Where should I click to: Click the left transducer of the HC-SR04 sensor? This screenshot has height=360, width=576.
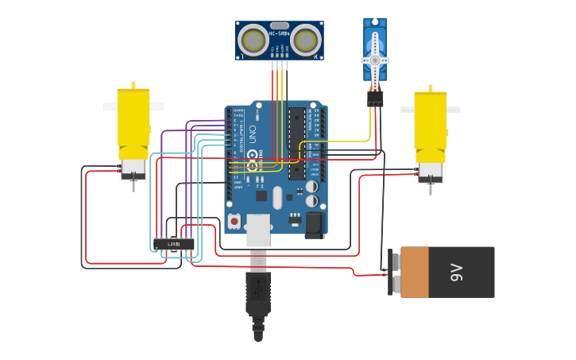coord(254,41)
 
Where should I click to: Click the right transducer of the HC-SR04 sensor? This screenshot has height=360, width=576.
coord(305,41)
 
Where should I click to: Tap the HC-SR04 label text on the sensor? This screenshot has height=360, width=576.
coord(280,33)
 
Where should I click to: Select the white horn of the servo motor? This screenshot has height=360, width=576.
coord(375,60)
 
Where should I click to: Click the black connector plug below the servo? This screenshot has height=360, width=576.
coord(375,99)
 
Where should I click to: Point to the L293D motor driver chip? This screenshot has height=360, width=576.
coord(174,244)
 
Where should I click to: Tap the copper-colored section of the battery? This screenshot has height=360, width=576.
coord(414,273)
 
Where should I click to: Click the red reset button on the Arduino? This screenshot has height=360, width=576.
coord(234,220)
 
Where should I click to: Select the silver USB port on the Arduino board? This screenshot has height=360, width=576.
coord(258,229)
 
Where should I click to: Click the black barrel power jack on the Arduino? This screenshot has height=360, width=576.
coord(315,224)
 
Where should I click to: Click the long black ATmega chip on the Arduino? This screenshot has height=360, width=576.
coord(296,143)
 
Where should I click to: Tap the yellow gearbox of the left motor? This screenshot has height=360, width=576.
coord(133,117)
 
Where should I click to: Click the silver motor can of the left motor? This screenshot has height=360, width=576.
coord(133,168)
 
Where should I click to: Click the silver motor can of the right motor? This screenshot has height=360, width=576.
coord(431,172)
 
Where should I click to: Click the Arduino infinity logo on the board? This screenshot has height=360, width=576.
coord(253,165)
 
